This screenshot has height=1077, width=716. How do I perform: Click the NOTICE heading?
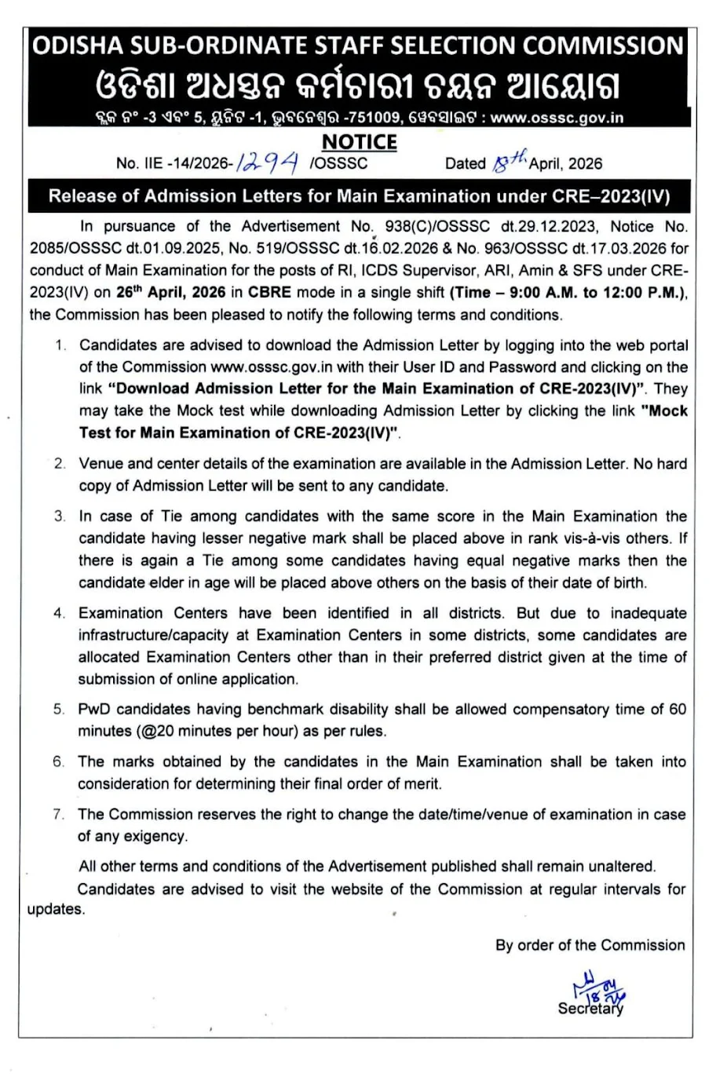pyautogui.click(x=360, y=141)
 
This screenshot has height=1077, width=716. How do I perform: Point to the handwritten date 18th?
pyautogui.click(x=509, y=162)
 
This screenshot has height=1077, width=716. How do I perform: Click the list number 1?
pyautogui.click(x=60, y=345)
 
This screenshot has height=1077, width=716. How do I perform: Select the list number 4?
pyautogui.click(x=60, y=613)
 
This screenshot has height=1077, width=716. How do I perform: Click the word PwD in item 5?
pyautogui.click(x=94, y=709)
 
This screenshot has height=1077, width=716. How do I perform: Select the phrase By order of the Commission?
pyautogui.click(x=590, y=945)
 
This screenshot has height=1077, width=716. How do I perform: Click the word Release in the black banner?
pyautogui.click(x=82, y=195)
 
